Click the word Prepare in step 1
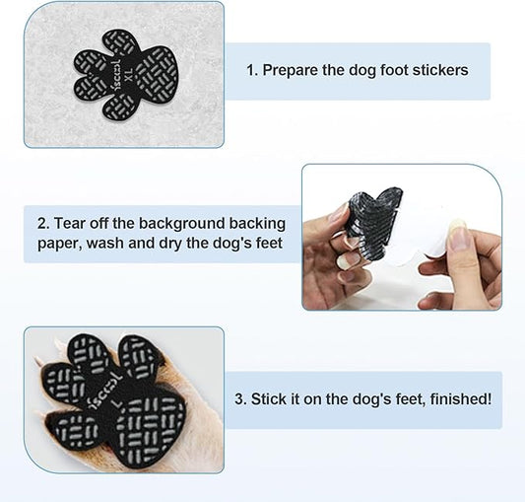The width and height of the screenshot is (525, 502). click(295, 71)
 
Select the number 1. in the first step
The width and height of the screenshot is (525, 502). click(252, 71)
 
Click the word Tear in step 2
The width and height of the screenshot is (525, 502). click(72, 223)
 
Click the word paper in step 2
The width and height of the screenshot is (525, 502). click(57, 244)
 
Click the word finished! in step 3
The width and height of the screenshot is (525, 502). click(459, 399)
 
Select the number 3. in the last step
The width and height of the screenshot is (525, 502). click(241, 399)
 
